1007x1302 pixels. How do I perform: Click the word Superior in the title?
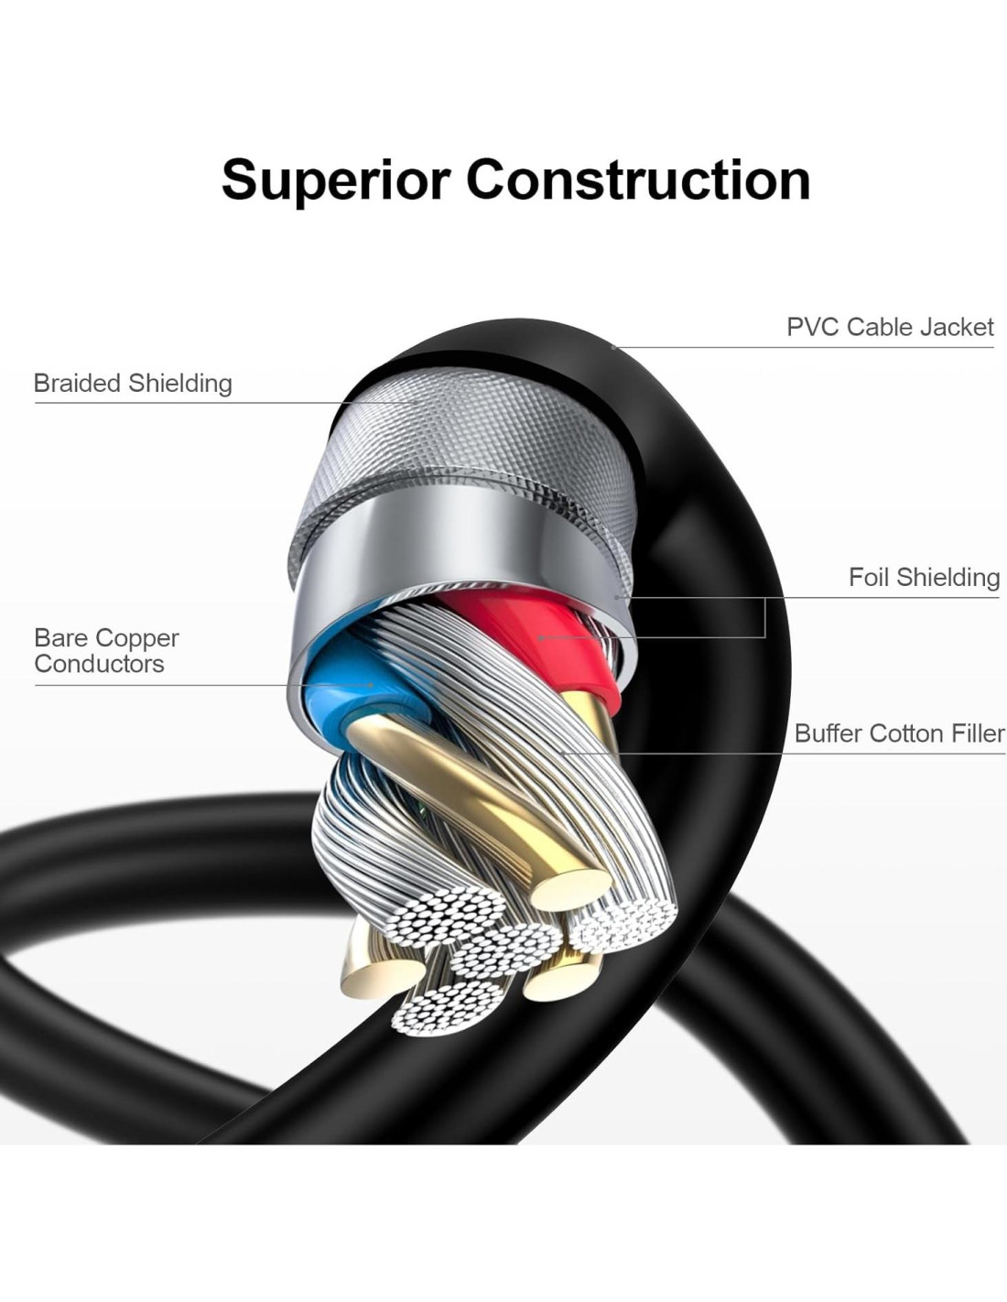click(337, 179)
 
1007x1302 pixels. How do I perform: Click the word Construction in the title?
click(638, 179)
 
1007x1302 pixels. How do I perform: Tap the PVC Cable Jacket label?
click(890, 327)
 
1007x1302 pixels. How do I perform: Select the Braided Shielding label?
click(133, 383)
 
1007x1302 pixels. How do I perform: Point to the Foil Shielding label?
click(924, 577)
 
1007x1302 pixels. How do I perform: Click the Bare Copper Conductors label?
click(106, 650)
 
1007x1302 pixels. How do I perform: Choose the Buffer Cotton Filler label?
click(899, 733)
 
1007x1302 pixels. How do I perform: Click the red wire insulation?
click(540, 632)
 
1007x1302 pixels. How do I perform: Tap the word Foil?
click(869, 577)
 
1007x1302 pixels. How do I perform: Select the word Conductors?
click(99, 664)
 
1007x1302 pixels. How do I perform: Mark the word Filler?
click(979, 733)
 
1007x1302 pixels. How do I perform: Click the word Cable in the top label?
click(880, 327)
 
